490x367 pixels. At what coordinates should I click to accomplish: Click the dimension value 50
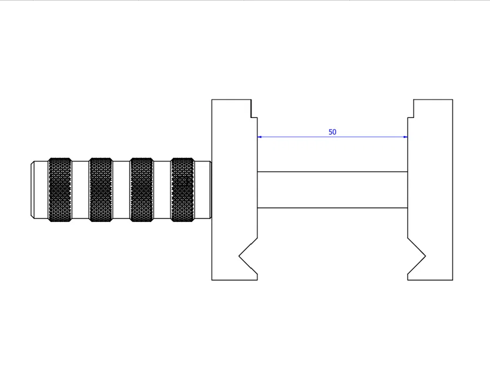coord(333,132)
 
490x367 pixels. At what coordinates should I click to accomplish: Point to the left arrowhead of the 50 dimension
coord(260,137)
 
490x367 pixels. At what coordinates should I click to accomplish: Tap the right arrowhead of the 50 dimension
coord(405,137)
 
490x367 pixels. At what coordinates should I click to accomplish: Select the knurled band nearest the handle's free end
coord(60,190)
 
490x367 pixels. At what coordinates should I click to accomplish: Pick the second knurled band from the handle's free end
coord(100,190)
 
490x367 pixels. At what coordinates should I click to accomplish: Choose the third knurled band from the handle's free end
coord(142,190)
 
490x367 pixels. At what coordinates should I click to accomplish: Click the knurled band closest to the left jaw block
coord(182,190)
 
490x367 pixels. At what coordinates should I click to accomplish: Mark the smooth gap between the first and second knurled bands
coord(80,190)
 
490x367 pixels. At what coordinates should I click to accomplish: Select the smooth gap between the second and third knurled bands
coord(121,190)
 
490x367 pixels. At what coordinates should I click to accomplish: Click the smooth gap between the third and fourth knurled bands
coord(162,190)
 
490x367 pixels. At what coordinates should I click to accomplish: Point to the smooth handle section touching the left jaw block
coord(202,190)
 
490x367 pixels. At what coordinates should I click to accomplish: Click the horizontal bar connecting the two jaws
coord(333,190)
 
